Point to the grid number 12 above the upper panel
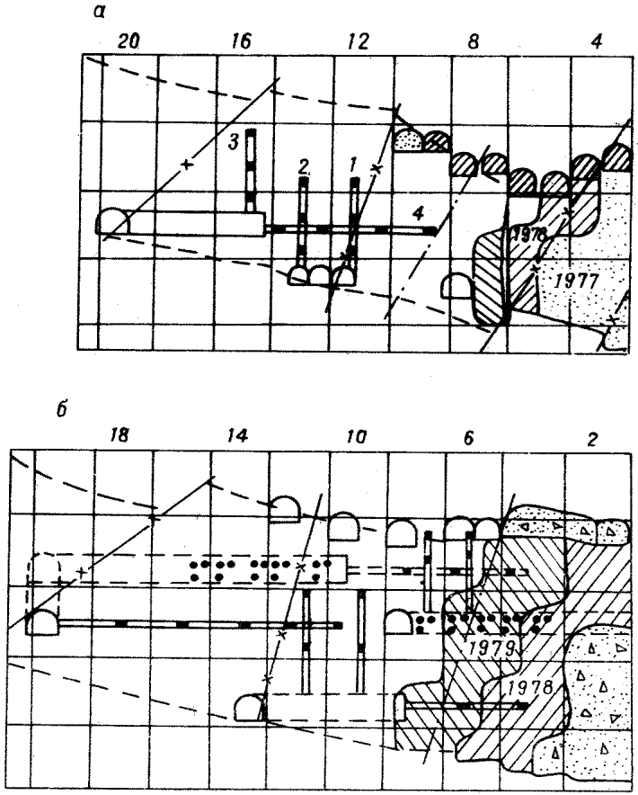tap(357, 41)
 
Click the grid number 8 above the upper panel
tap(474, 41)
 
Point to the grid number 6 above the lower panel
tap(474, 433)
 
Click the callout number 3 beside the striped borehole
tap(232, 141)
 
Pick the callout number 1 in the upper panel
tap(353, 164)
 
